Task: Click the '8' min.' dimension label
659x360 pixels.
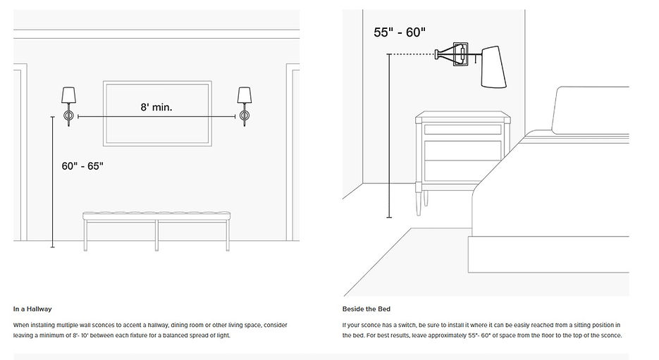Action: [x=156, y=108]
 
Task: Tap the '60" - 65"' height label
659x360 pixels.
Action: [x=82, y=166]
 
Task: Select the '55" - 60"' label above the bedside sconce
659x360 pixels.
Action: [x=400, y=32]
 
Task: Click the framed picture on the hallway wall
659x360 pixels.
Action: [x=157, y=113]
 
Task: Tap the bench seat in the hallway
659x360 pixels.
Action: [x=156, y=216]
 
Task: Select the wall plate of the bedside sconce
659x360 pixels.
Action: [x=460, y=54]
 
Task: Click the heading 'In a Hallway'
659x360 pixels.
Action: [x=32, y=309]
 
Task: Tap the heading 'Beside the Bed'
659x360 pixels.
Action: [x=366, y=309]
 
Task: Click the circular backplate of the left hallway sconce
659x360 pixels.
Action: [x=68, y=115]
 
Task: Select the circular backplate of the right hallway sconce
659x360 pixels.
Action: [x=245, y=115]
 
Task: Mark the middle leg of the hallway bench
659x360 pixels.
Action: [x=156, y=235]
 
